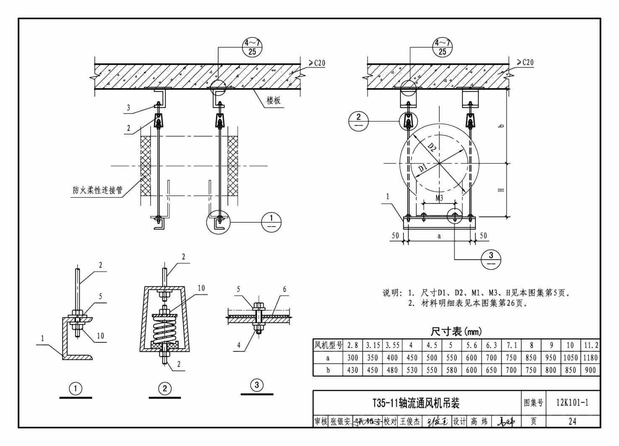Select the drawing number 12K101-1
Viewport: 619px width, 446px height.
572,403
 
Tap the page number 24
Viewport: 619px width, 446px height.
572,421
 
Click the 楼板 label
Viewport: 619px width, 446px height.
274,100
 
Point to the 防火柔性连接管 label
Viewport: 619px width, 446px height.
98,190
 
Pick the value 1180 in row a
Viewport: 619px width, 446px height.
590,358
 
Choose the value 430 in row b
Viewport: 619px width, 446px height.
353,370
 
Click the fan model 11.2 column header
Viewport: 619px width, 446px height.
590,345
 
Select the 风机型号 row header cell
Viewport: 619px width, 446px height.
328,345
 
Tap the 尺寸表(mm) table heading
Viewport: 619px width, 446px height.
456,332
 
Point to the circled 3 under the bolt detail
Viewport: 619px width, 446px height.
257,385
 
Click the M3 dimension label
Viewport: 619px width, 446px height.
439,198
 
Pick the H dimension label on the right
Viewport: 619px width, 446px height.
501,190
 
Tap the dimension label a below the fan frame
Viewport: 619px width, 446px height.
439,236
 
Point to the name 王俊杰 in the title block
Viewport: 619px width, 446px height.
409,421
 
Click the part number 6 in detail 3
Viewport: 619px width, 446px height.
284,289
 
